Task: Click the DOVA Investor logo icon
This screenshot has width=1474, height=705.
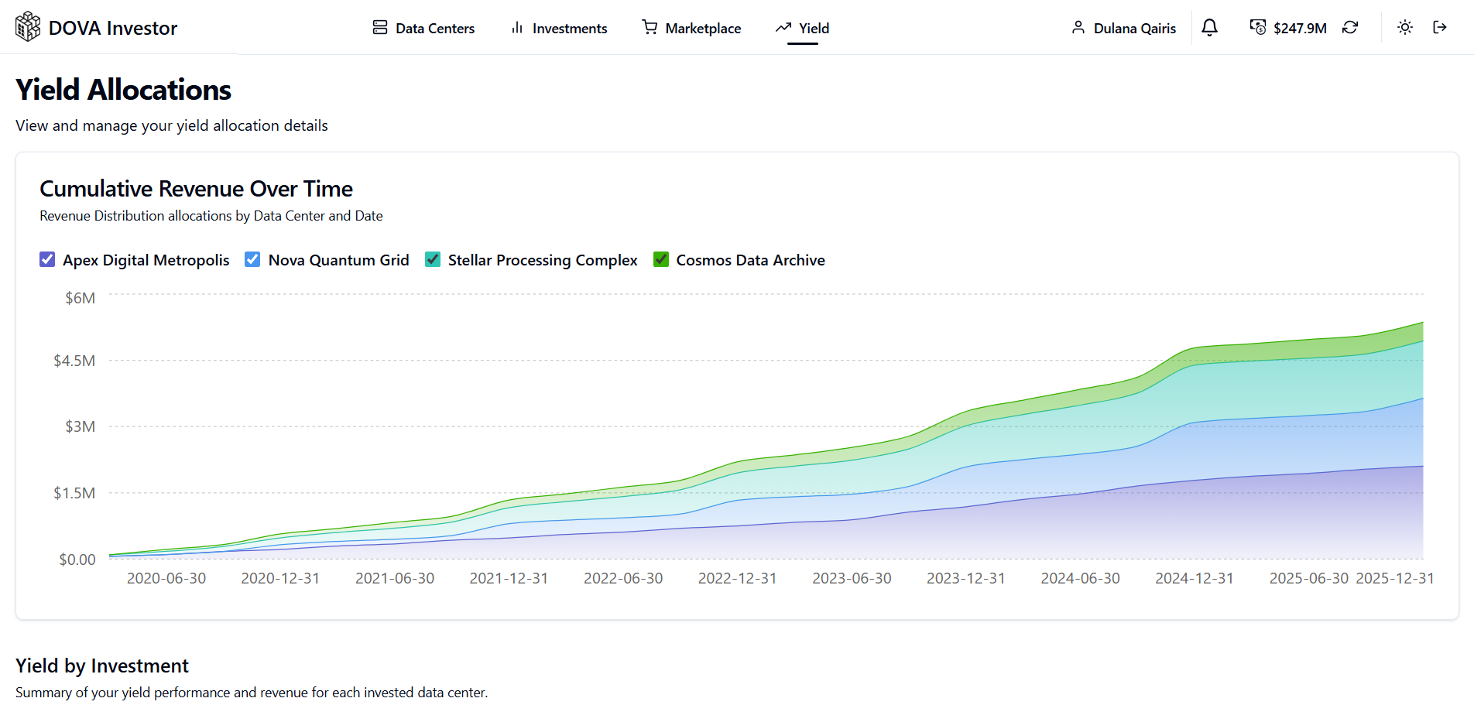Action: point(28,27)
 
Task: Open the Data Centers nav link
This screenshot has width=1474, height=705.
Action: point(423,29)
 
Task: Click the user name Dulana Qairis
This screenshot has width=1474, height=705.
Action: point(1134,29)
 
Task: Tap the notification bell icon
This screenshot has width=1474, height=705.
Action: point(1209,28)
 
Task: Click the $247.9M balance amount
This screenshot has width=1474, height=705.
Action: point(1300,29)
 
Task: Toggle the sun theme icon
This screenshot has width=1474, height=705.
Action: point(1404,28)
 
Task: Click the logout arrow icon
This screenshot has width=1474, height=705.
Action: point(1440,28)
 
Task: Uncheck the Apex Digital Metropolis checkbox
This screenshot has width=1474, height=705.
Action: point(47,259)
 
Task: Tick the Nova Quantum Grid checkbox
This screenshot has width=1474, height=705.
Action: point(252,259)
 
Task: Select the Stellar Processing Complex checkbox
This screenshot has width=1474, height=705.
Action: point(433,259)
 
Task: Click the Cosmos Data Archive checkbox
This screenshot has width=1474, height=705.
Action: point(661,259)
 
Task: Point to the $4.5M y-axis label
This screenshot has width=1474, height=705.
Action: point(74,361)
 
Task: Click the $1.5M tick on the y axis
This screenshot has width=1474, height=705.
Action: point(74,493)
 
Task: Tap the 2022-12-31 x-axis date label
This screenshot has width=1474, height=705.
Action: point(737,578)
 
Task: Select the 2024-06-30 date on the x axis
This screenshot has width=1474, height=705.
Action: point(1080,578)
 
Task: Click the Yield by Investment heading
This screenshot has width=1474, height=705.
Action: point(102,666)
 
